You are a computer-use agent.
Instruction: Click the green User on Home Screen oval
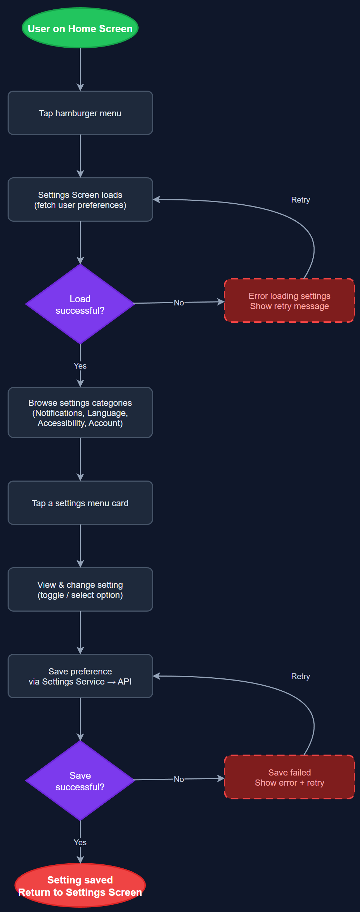pos(80,28)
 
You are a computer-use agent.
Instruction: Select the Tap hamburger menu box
pos(80,113)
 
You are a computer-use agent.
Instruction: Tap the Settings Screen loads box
pos(80,200)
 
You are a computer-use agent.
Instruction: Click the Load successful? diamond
pos(80,304)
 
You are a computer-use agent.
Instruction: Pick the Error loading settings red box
pos(289,301)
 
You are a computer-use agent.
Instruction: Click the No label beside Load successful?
pos(179,303)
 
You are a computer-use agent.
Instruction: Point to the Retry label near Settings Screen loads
pos(300,200)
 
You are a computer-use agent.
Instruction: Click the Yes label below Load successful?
pos(80,366)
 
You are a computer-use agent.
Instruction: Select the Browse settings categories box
pos(80,413)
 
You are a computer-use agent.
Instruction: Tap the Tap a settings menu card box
pos(80,503)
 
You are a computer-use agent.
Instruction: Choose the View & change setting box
pos(80,590)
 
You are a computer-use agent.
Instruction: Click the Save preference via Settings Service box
pos(80,676)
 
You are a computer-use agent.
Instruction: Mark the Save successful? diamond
pos(80,781)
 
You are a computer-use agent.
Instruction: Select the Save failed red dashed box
pos(289,777)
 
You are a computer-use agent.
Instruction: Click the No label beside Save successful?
pos(179,779)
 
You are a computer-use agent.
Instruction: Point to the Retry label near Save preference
pos(300,676)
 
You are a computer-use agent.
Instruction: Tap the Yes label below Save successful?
pos(80,842)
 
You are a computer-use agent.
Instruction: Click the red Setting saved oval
pos(80,886)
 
